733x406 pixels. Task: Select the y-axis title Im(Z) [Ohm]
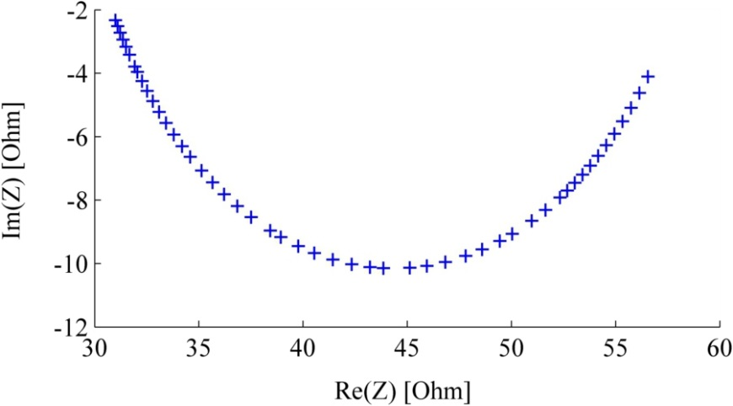[x=14, y=168]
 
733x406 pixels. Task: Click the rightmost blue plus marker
[x=648, y=77]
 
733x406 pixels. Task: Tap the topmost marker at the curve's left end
[x=115, y=19]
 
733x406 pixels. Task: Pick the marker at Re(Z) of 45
[x=409, y=268]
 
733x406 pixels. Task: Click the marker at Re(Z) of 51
[x=532, y=221]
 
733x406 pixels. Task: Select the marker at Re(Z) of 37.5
[x=251, y=217]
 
